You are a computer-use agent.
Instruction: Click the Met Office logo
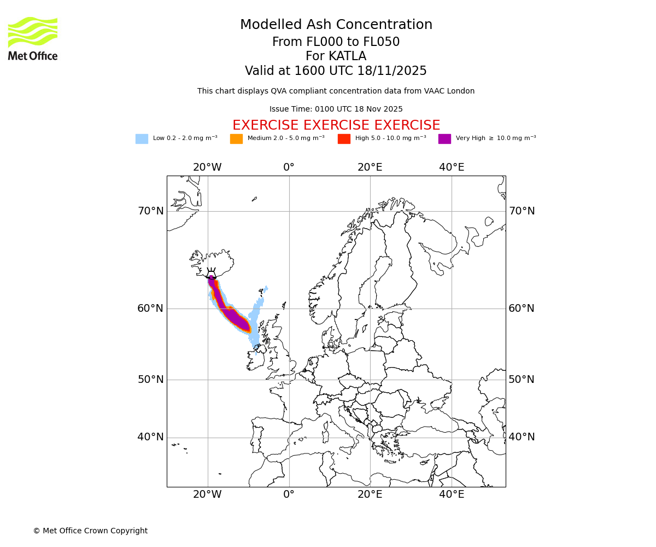tap(33, 38)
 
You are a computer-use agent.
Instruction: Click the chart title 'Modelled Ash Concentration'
tap(336, 25)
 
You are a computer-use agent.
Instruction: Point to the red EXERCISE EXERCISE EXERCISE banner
tap(336, 125)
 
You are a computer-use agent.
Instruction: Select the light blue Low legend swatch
tap(142, 139)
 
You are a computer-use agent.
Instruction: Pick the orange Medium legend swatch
tap(236, 139)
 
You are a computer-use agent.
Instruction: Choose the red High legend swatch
tap(344, 139)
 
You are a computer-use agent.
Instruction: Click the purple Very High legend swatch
tap(444, 139)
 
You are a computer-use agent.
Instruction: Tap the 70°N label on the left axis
tap(150, 211)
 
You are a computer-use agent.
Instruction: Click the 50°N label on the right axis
tap(522, 380)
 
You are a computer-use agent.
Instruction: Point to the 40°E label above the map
tap(452, 167)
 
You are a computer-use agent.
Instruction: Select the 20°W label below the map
tap(207, 494)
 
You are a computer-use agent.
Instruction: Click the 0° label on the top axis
tap(289, 167)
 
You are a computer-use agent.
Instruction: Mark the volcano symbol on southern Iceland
tap(211, 275)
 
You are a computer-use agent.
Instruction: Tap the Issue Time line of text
tap(336, 109)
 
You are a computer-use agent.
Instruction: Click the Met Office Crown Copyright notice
tap(90, 531)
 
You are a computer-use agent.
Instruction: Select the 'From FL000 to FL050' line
tap(336, 42)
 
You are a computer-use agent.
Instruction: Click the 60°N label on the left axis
tap(150, 309)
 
